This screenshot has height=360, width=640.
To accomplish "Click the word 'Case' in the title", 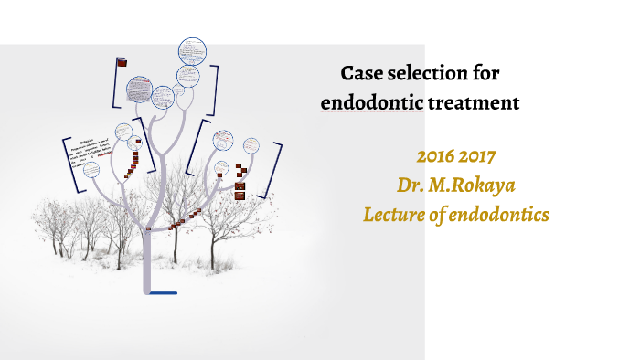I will (362, 73).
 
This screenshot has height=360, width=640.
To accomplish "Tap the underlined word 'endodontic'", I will (372, 103).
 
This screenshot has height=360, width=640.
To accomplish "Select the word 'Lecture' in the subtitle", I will (394, 214).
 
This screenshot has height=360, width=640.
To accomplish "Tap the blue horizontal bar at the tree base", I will (162, 293).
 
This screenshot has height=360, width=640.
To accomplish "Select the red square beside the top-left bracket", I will (123, 63).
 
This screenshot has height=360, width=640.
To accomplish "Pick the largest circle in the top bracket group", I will (138, 89).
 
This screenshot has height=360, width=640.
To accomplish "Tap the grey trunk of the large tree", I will (145, 247).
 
